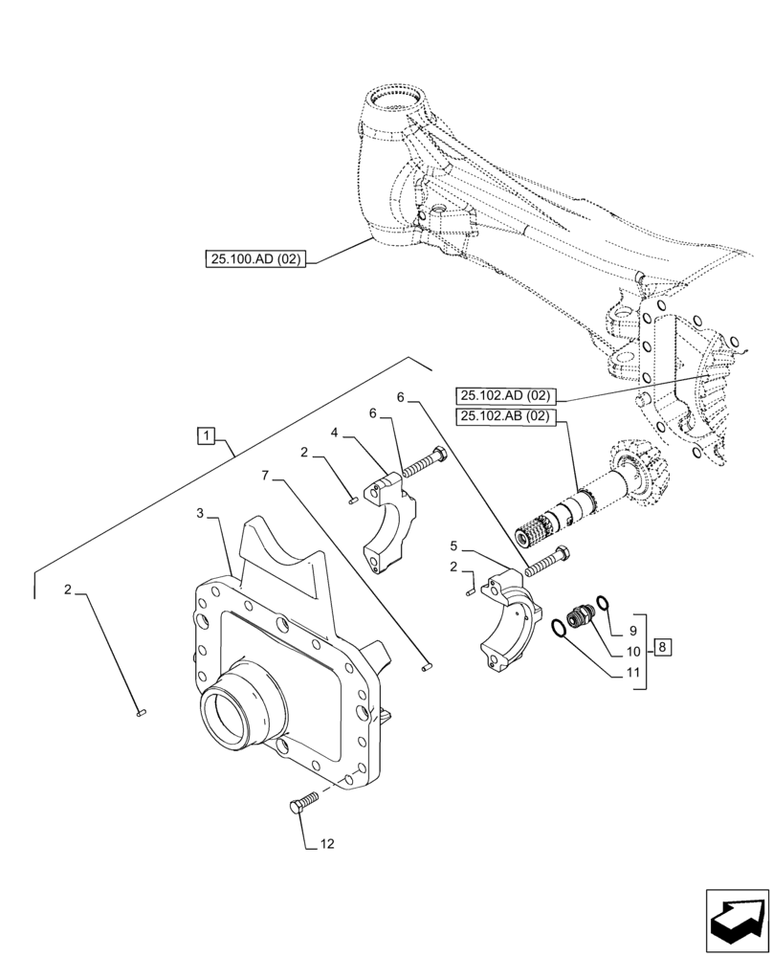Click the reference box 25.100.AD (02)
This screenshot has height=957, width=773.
[254, 259]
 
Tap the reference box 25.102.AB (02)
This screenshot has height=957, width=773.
[506, 415]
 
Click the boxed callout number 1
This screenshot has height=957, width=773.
[206, 436]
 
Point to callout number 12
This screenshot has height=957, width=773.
[328, 844]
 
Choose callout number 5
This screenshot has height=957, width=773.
[455, 547]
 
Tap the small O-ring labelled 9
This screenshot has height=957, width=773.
[604, 604]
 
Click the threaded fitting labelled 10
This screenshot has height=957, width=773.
[578, 617]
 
